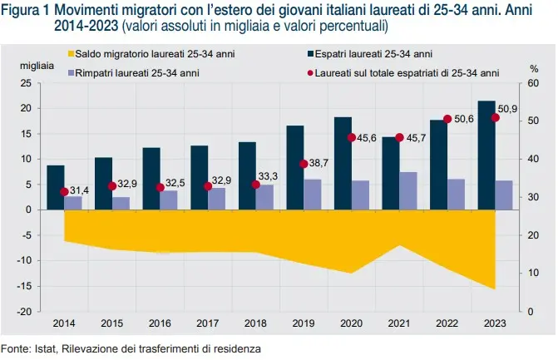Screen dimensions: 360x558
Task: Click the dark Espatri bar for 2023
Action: pyautogui.click(x=486, y=155)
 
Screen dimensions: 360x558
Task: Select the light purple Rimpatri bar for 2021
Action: pyautogui.click(x=409, y=190)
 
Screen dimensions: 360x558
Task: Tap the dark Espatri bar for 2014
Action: pyautogui.click(x=56, y=187)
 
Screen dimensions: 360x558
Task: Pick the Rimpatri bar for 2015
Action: pyautogui.click(x=121, y=203)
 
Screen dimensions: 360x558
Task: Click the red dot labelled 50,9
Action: pyautogui.click(x=496, y=117)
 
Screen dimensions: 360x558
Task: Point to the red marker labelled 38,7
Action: pyautogui.click(x=304, y=164)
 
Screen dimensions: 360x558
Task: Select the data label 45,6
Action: pyautogui.click(x=367, y=138)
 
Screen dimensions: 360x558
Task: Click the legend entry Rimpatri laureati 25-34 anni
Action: pyautogui.click(x=134, y=72)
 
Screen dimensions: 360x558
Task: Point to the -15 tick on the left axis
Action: pyautogui.click(x=27, y=285)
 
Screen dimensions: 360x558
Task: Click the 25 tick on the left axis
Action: pyautogui.click(x=27, y=83)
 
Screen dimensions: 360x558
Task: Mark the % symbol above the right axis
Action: pyautogui.click(x=533, y=67)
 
